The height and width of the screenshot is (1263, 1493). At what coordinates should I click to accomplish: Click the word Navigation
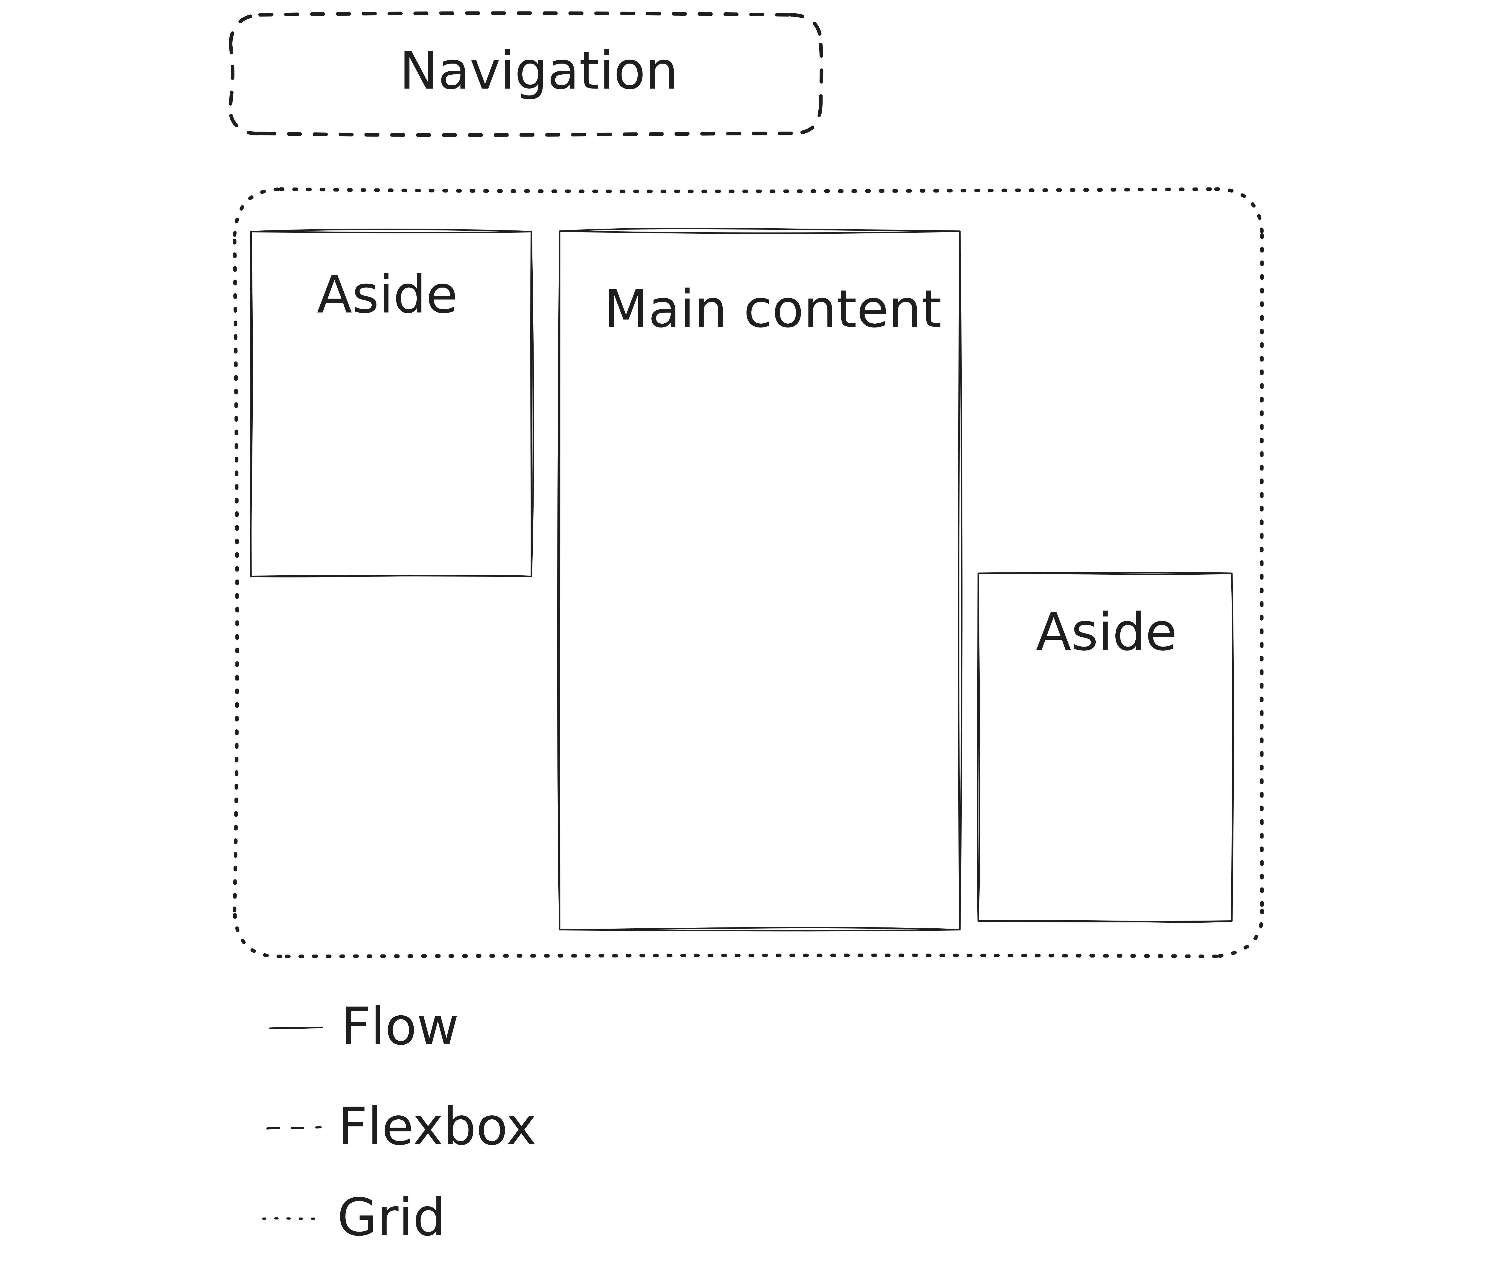click(538, 72)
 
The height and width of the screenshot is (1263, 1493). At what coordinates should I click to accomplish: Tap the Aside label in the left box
click(387, 295)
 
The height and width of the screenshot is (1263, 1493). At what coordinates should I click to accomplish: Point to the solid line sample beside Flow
click(296, 1028)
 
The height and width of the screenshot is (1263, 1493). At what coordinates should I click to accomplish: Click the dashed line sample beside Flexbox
click(294, 1128)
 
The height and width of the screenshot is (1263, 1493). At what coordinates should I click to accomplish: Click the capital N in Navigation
click(418, 72)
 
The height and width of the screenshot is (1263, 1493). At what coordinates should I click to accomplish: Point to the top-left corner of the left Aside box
click(252, 232)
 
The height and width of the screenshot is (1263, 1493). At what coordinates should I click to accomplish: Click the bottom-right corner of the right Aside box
click(1232, 921)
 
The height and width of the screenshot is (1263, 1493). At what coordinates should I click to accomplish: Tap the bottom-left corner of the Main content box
click(560, 929)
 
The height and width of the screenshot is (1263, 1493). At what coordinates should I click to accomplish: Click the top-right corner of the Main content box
click(959, 231)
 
